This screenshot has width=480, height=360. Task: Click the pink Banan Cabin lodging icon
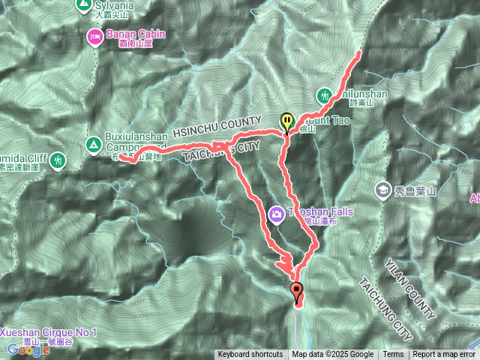(94, 35)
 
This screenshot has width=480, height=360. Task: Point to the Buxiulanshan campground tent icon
(93, 142)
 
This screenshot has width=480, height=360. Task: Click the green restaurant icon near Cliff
(58, 160)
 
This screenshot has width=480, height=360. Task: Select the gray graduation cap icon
(382, 190)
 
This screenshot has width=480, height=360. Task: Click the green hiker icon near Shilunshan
(325, 96)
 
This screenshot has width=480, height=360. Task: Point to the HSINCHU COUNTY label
(217, 125)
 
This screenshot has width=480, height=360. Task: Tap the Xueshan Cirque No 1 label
(49, 331)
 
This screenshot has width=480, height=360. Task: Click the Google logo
(28, 349)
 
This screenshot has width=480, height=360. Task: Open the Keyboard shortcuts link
(250, 355)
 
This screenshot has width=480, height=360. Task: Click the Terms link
(393, 355)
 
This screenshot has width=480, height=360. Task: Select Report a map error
(444, 355)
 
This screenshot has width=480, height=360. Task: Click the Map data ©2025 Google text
(333, 355)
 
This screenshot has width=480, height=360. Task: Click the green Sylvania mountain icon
(84, 5)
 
